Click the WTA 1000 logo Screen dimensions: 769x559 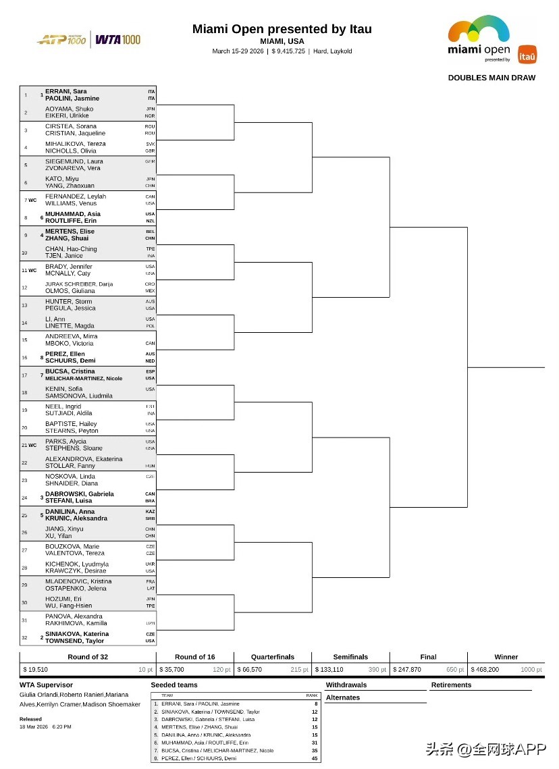tap(118, 40)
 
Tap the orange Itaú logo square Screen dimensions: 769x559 tap(527, 55)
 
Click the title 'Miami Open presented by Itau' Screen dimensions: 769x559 tap(282, 29)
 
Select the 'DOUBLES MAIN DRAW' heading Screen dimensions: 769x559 tap(491, 78)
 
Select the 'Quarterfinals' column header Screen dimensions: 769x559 tap(273, 657)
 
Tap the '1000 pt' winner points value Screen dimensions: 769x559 tap(530, 670)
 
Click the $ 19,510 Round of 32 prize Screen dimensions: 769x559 tap(36, 670)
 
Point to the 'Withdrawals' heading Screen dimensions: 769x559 tap(346, 685)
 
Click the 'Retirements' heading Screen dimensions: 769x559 tap(452, 685)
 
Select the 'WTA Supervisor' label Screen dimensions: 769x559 tap(46, 685)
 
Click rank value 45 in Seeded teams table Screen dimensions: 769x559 tap(315, 758)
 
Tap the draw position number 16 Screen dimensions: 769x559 tap(25, 358)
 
